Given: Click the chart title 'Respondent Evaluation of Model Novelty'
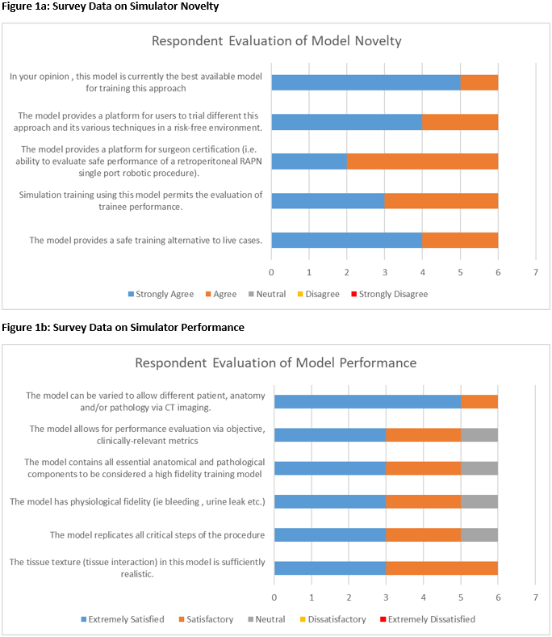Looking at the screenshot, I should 277,41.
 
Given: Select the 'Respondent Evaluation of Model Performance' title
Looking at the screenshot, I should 276,363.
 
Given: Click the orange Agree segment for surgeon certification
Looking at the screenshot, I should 422,161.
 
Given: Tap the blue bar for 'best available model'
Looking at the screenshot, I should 366,82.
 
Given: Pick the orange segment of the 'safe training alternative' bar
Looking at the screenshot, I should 460,240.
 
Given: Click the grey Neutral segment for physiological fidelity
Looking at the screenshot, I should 479,501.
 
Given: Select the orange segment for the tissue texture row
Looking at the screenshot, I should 441,568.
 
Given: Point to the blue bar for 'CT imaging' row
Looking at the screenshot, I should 367,401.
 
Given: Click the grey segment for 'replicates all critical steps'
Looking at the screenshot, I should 479,534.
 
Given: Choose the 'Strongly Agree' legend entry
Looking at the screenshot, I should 161,294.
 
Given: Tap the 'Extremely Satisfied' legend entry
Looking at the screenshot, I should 123,619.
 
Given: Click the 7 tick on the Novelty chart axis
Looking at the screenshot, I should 535,273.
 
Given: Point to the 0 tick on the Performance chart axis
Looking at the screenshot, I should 274,597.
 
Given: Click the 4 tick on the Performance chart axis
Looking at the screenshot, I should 423,597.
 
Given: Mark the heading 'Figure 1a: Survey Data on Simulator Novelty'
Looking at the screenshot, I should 109,6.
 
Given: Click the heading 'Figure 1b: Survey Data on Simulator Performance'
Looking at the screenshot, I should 123,327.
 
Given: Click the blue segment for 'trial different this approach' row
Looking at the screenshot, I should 346,122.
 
